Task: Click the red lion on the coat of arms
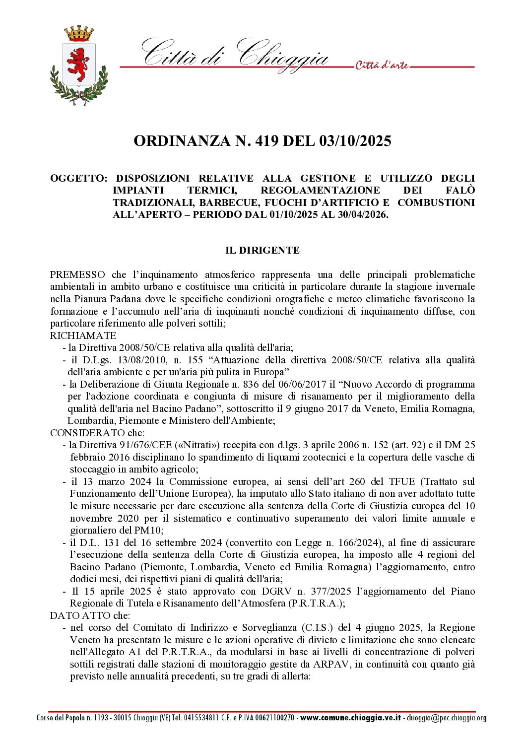coord(78,63)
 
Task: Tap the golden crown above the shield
coord(79,34)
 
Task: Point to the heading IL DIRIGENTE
coord(262,250)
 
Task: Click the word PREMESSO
coord(77,274)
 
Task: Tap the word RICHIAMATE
coord(83,336)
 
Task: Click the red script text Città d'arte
coord(382,66)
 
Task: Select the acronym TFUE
coord(402,481)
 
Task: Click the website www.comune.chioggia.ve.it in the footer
coord(350,718)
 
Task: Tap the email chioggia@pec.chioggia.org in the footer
coord(446,718)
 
